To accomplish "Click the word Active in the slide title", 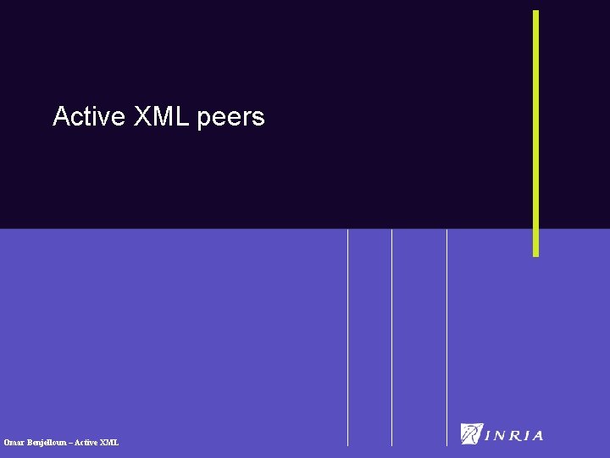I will pyautogui.click(x=89, y=116).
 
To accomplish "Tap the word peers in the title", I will pyautogui.click(x=230, y=118).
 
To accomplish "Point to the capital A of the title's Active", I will pyautogui.click(x=60, y=116).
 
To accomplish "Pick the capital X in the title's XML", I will pyautogui.click(x=141, y=116).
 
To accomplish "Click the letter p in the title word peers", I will pyautogui.click(x=203, y=119).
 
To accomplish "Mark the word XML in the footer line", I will pyautogui.click(x=110, y=442).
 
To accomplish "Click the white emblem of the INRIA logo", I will pyautogui.click(x=471, y=433).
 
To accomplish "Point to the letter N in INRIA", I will pyautogui.click(x=499, y=436).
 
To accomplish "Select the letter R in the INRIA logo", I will pyautogui.click(x=514, y=436).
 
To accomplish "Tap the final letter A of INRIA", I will pyautogui.click(x=537, y=436).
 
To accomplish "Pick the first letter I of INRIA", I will pyautogui.click(x=488, y=436).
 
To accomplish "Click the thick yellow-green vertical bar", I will pyautogui.click(x=535, y=133).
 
